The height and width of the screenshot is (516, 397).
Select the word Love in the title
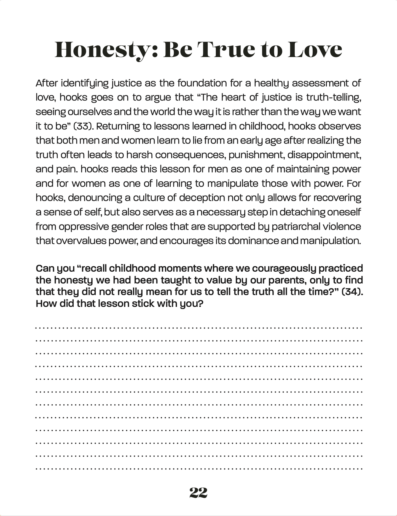tap(315, 50)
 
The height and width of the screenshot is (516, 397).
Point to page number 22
tap(198, 493)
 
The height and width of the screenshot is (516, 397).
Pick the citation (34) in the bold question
tap(352, 292)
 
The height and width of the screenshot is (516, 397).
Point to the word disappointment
tap(324, 155)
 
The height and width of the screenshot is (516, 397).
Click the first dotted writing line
tap(198, 328)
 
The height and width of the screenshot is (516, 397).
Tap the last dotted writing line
tap(198, 468)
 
